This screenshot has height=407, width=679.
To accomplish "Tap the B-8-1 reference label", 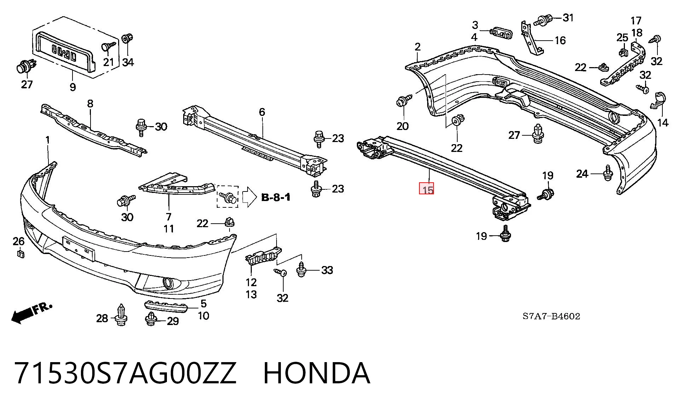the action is (x=276, y=197).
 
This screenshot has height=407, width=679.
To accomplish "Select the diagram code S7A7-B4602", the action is (x=551, y=316).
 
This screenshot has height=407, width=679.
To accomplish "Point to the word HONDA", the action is (x=317, y=373).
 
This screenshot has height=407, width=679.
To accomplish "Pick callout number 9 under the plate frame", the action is (x=72, y=87).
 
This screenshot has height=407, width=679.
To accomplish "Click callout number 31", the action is (x=568, y=17).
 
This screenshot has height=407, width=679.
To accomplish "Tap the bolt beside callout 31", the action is (x=543, y=19).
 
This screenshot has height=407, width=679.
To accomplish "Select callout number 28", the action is (x=102, y=318).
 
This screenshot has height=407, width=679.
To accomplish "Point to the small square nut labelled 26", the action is (x=20, y=253).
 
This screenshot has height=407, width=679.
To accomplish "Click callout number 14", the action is (x=663, y=123).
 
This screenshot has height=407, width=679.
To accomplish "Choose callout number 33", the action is (x=327, y=270).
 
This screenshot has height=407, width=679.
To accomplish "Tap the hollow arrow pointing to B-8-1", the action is (x=249, y=197).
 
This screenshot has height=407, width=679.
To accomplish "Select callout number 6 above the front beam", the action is (x=262, y=112).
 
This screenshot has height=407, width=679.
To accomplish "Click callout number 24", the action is (x=582, y=174).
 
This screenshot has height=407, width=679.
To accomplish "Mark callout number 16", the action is (x=560, y=40).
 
